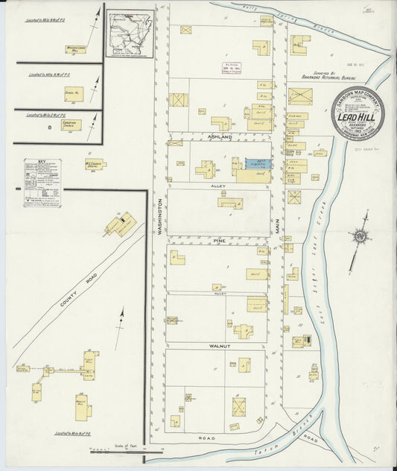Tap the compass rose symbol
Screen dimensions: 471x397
361,236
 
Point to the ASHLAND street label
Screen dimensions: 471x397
220,138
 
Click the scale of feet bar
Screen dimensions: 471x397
119,451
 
